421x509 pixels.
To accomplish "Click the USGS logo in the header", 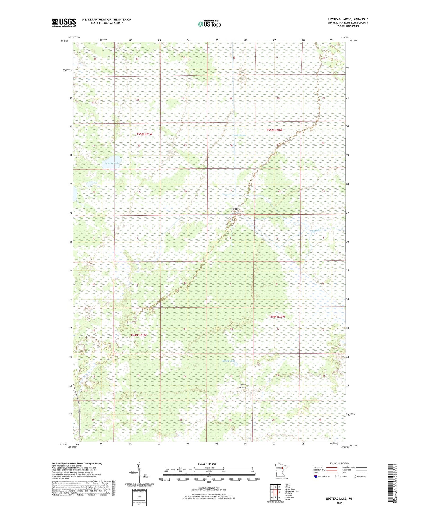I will [64, 22].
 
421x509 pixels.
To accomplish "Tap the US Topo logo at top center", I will [209, 24].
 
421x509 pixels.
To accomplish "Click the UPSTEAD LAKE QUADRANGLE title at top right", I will [348, 19].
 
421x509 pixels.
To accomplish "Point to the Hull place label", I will [234, 209].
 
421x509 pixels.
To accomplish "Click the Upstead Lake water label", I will [112, 163].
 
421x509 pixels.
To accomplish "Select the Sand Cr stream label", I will [315, 230].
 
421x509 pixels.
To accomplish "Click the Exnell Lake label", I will [228, 361].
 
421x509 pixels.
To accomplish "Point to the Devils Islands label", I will [242, 386].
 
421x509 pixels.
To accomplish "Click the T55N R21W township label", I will [144, 134].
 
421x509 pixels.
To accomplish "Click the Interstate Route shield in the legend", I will [316, 476].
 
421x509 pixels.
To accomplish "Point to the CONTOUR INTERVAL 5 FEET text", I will [209, 487].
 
